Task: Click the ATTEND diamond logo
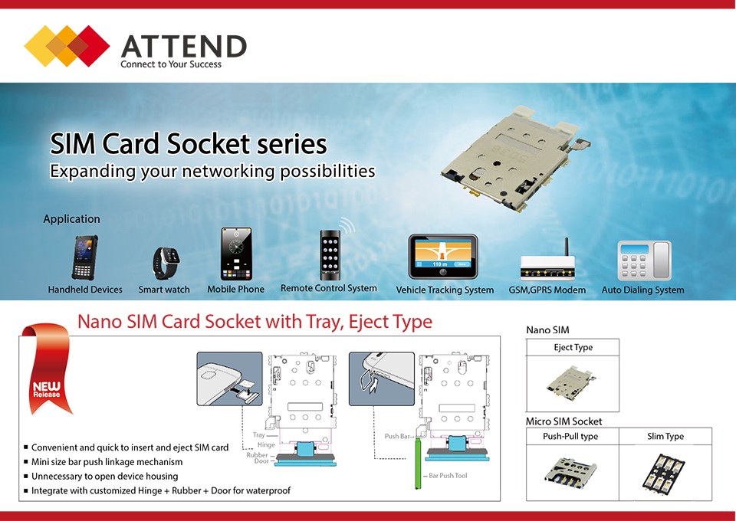pos(67,45)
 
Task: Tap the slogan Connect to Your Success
pos(171,64)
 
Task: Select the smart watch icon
pos(166,262)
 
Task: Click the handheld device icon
pos(85,257)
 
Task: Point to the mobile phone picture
pos(236,254)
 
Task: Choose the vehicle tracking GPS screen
pos(443,257)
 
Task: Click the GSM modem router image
pos(547,263)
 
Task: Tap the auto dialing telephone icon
pos(644,260)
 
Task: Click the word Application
pos(71,219)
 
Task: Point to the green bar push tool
pos(418,462)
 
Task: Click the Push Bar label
pos(397,436)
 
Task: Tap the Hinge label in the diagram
pos(266,444)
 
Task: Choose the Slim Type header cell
pos(665,436)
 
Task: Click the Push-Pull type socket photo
pos(570,473)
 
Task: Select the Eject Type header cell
pos(573,347)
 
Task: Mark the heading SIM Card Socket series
pos(189,143)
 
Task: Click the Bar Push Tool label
pos(448,476)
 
